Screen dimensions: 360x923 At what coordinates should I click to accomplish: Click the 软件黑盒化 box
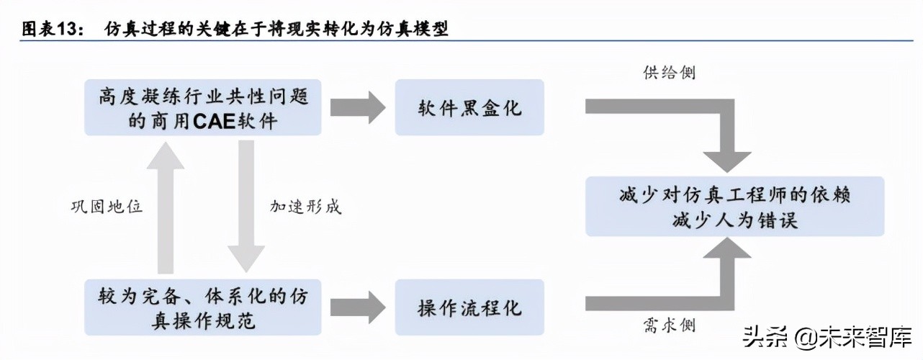(470, 109)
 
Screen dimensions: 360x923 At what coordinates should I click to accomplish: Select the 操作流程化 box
(470, 308)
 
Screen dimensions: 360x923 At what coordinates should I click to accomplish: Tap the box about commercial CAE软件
(203, 109)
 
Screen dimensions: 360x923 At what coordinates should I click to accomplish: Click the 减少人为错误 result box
(734, 207)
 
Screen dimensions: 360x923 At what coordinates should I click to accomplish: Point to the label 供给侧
(669, 73)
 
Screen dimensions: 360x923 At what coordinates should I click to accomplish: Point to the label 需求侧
(669, 325)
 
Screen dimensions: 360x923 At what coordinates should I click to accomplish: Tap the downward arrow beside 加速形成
(246, 205)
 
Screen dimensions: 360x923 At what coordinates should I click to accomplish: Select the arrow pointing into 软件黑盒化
(359, 108)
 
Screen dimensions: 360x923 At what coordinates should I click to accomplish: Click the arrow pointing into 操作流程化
(359, 307)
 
